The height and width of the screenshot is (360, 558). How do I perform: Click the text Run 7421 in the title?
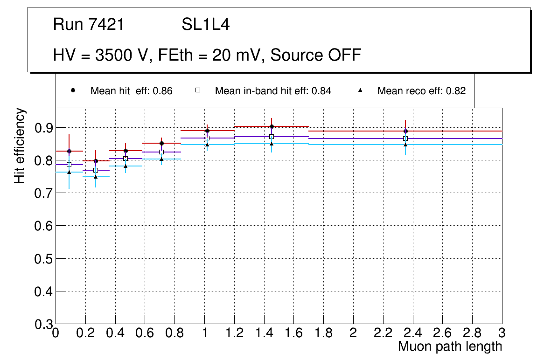click(89, 25)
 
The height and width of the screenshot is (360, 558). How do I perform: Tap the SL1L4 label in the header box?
click(206, 25)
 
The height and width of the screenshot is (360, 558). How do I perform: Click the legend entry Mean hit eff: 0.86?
click(132, 91)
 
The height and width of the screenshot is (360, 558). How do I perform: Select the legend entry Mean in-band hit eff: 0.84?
click(273, 91)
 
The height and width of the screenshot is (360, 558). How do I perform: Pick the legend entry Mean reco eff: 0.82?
click(421, 91)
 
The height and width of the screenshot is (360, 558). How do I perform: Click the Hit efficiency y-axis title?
click(20, 145)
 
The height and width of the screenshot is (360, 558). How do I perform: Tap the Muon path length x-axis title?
click(450, 346)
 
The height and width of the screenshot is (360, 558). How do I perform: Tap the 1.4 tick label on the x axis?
click(264, 333)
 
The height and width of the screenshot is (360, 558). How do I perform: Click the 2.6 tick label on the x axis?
click(442, 333)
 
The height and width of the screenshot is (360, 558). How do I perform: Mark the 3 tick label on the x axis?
click(502, 333)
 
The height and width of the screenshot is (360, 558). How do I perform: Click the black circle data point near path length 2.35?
click(405, 131)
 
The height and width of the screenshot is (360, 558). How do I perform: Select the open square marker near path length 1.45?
click(272, 137)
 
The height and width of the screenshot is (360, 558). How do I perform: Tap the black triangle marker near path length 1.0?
click(207, 145)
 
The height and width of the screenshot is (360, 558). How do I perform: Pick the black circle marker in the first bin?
click(69, 151)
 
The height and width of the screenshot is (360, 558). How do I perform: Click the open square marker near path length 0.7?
click(161, 152)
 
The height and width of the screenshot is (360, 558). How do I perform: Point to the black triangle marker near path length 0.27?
click(96, 177)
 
